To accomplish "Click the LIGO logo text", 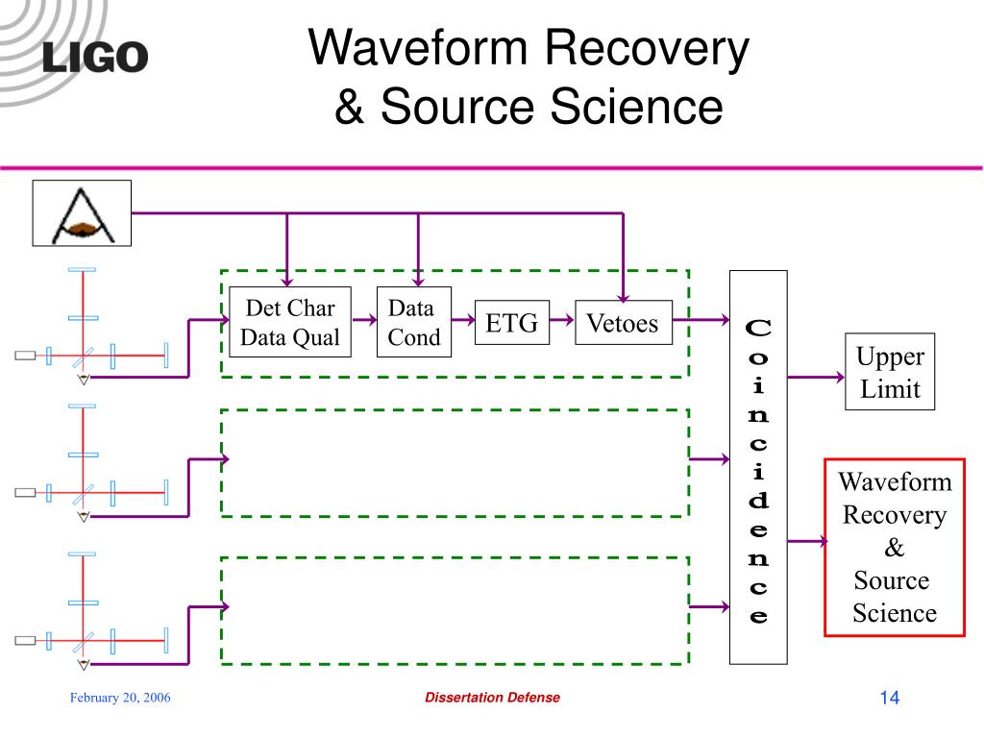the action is click(95, 57).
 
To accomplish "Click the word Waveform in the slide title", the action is click(418, 48).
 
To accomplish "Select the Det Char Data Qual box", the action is click(290, 322).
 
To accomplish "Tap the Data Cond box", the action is click(414, 322).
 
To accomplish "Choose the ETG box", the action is click(512, 323).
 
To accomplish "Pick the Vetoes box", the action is click(624, 323).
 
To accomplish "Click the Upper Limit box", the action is click(890, 372).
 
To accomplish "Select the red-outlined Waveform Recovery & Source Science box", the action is click(895, 547).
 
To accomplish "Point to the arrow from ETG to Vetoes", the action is click(562, 320).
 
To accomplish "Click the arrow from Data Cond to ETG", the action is click(463, 320).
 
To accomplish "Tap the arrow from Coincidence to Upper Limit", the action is click(816, 377).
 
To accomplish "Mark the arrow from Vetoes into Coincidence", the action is click(701, 320).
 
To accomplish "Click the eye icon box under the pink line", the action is click(82, 213).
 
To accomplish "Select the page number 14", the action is click(889, 698).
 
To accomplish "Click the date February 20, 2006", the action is click(120, 698).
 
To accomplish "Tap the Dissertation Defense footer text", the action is click(493, 698).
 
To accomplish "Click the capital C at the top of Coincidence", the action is click(758, 328).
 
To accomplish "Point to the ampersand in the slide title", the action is click(349, 107).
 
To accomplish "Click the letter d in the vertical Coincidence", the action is click(758, 500).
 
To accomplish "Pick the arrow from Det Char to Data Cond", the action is click(364, 320).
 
